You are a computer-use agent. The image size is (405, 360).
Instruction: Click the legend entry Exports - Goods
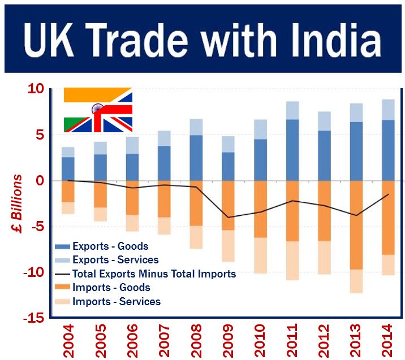click(110, 246)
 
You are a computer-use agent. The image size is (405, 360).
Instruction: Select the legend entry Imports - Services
click(116, 301)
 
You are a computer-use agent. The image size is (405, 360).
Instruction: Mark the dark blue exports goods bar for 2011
click(292, 150)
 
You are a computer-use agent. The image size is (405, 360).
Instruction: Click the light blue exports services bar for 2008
click(196, 127)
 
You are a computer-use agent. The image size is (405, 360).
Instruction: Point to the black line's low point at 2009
click(228, 217)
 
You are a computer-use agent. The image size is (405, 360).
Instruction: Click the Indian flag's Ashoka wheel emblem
click(97, 107)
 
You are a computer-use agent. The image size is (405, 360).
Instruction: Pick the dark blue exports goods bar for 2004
click(68, 168)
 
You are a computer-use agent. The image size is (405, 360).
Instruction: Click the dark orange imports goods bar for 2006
click(132, 198)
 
